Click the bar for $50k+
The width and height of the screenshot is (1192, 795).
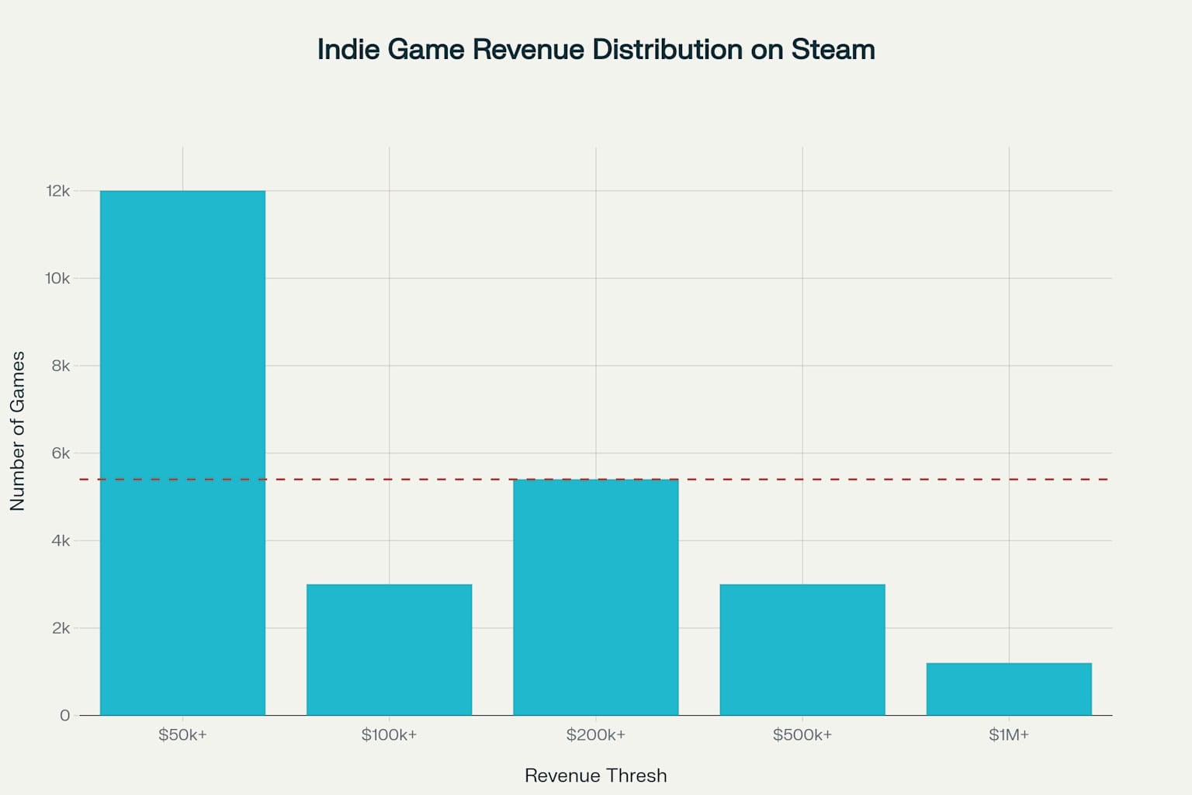pyautogui.click(x=182, y=453)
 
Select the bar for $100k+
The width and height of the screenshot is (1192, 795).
pyautogui.click(x=389, y=650)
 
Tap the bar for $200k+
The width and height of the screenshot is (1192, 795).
pyautogui.click(x=595, y=597)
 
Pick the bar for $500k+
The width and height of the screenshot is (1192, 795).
pyautogui.click(x=802, y=650)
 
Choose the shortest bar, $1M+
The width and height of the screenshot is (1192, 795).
pyautogui.click(x=1008, y=689)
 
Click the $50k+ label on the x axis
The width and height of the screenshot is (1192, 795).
pyautogui.click(x=182, y=734)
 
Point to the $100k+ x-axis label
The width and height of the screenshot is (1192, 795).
pyautogui.click(x=389, y=734)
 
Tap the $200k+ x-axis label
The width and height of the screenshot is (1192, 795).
pyautogui.click(x=595, y=734)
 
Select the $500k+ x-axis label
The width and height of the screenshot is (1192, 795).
pyautogui.click(x=802, y=734)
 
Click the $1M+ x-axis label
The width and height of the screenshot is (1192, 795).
pyautogui.click(x=1008, y=734)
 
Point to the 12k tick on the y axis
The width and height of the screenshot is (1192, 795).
pyautogui.click(x=58, y=191)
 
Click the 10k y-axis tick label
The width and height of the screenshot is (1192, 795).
pyautogui.click(x=57, y=278)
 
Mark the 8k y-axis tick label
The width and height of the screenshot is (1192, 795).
pyautogui.click(x=61, y=366)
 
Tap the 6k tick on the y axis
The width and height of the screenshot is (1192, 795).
pyautogui.click(x=61, y=453)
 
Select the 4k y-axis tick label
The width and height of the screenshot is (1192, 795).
pyautogui.click(x=61, y=540)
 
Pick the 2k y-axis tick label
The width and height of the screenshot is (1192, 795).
pyautogui.click(x=61, y=628)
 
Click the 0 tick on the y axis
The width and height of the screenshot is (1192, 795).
pyautogui.click(x=64, y=715)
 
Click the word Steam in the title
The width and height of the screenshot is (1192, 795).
pyautogui.click(x=833, y=50)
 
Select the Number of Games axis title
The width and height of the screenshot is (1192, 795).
pyautogui.click(x=18, y=431)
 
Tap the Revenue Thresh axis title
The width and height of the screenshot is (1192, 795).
pyautogui.click(x=595, y=776)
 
